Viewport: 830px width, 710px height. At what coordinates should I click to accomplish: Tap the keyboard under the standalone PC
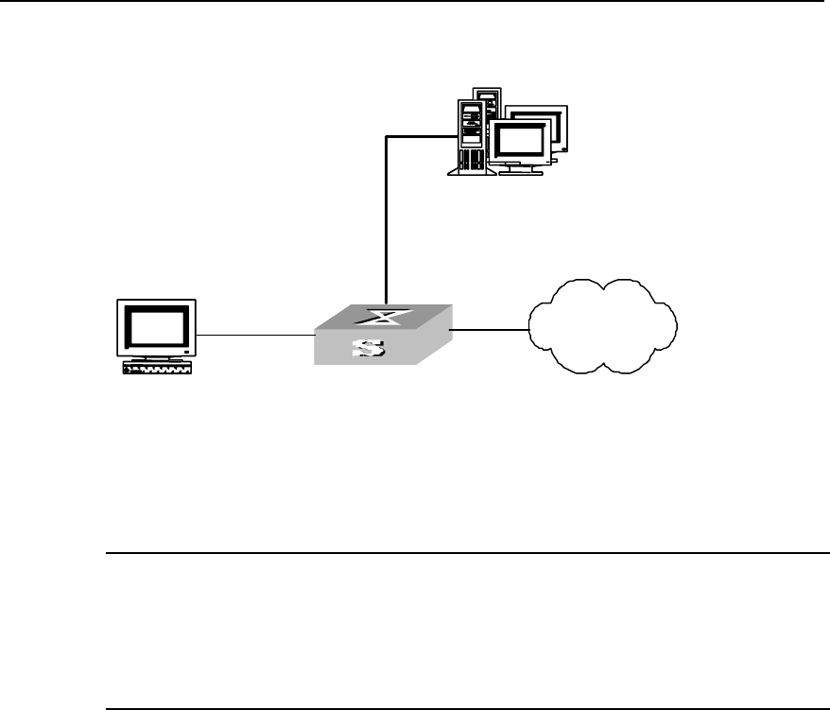(158, 371)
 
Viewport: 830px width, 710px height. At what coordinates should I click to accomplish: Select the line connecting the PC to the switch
(255, 335)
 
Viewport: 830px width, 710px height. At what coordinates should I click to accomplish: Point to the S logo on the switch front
(368, 350)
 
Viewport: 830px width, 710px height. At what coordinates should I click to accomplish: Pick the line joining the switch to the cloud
(489, 330)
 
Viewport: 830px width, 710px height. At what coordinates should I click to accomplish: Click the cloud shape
(602, 327)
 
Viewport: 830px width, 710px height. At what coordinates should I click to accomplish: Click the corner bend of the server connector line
(386, 136)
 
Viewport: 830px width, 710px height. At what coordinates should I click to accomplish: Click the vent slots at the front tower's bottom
(470, 168)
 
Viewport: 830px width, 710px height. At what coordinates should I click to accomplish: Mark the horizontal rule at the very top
(415, 2)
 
